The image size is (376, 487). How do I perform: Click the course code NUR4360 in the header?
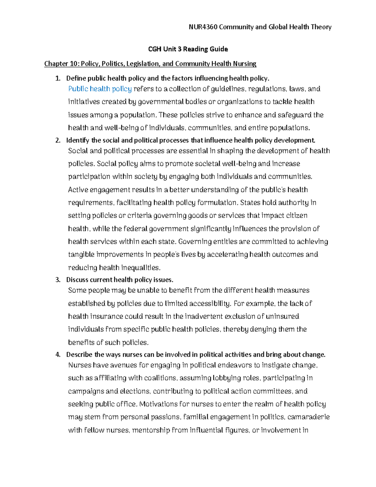click(x=203, y=27)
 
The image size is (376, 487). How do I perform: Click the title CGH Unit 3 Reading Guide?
click(x=188, y=49)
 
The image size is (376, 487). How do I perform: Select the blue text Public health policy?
click(x=100, y=89)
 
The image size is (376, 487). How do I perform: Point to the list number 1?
click(x=57, y=78)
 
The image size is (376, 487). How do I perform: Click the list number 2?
click(x=57, y=140)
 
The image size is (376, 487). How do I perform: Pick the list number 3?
click(x=57, y=280)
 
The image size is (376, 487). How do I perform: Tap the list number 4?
click(x=57, y=355)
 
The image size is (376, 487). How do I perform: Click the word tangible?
click(x=81, y=254)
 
